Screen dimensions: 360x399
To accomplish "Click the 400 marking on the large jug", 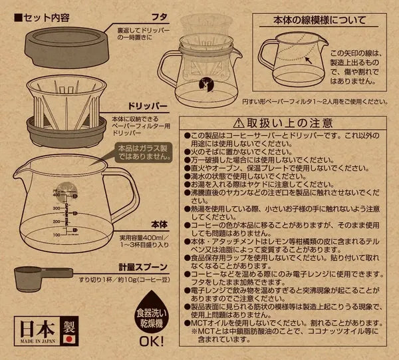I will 38,195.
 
